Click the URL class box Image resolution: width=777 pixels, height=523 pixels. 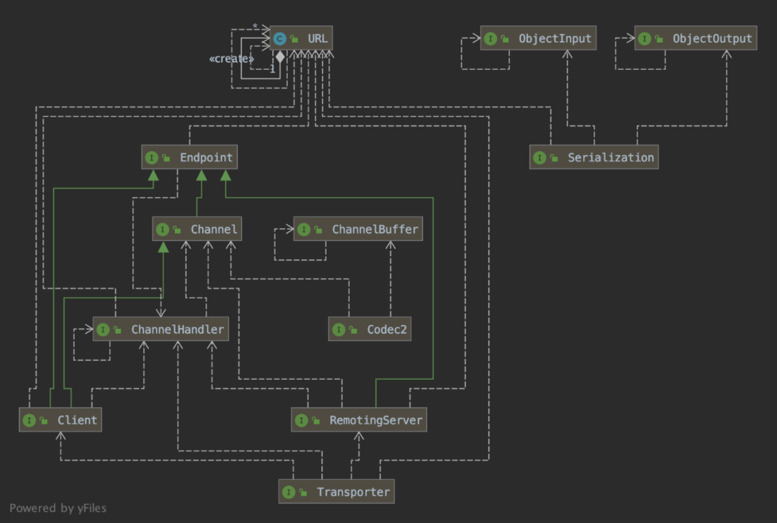[x=301, y=38]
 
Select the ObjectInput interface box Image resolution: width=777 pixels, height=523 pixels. [x=538, y=38]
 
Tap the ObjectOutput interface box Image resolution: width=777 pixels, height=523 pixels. [x=696, y=38]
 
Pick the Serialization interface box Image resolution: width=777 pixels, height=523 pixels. [x=594, y=157]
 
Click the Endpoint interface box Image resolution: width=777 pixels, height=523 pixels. [x=189, y=157]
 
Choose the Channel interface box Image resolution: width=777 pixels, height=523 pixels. [x=196, y=229]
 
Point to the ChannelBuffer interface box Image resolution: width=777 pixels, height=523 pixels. [x=358, y=229]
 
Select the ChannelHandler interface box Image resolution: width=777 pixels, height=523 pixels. [x=161, y=329]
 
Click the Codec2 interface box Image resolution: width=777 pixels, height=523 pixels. [x=370, y=329]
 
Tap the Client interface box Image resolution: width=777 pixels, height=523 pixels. [x=60, y=420]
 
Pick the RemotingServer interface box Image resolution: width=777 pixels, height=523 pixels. [x=359, y=420]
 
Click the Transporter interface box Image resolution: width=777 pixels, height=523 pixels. [x=337, y=492]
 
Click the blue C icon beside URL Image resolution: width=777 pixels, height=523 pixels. [x=279, y=38]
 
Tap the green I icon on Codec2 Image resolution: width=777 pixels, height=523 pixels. [x=338, y=329]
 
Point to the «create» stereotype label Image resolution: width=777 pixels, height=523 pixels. [x=232, y=58]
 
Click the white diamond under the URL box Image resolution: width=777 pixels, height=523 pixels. [x=280, y=57]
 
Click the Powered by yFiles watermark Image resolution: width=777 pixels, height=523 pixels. [x=58, y=508]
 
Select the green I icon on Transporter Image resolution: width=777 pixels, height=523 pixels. [x=288, y=492]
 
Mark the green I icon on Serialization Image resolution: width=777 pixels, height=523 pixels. [x=540, y=158]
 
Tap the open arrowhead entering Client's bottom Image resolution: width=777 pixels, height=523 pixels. [x=60, y=436]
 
